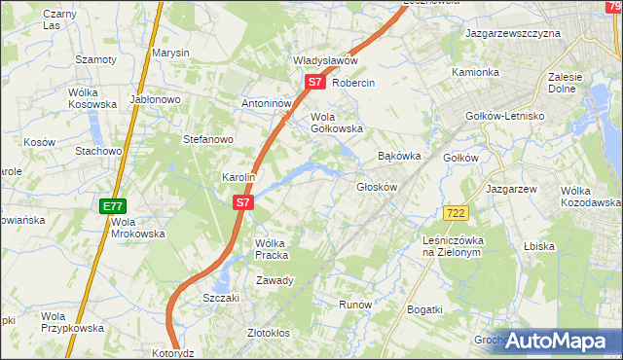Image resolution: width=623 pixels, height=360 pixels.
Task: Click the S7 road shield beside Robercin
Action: coord(313,83)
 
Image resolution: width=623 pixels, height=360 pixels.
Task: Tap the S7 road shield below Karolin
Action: coord(243,203)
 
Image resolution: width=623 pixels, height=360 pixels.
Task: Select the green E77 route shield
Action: coord(112,206)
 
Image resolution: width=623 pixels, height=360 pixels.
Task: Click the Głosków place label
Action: coord(377,187)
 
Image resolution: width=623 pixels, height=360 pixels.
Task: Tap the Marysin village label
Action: coord(169,53)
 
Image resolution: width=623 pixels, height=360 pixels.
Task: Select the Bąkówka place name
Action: coord(398,156)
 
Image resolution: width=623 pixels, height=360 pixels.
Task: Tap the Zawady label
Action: coord(275,280)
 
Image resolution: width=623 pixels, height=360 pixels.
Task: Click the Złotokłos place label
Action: coord(269,333)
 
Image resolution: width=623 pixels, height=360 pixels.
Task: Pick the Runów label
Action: coord(355,305)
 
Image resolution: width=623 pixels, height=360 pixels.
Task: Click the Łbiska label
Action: coord(538,247)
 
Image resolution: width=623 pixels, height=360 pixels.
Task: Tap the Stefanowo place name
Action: coord(208,139)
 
